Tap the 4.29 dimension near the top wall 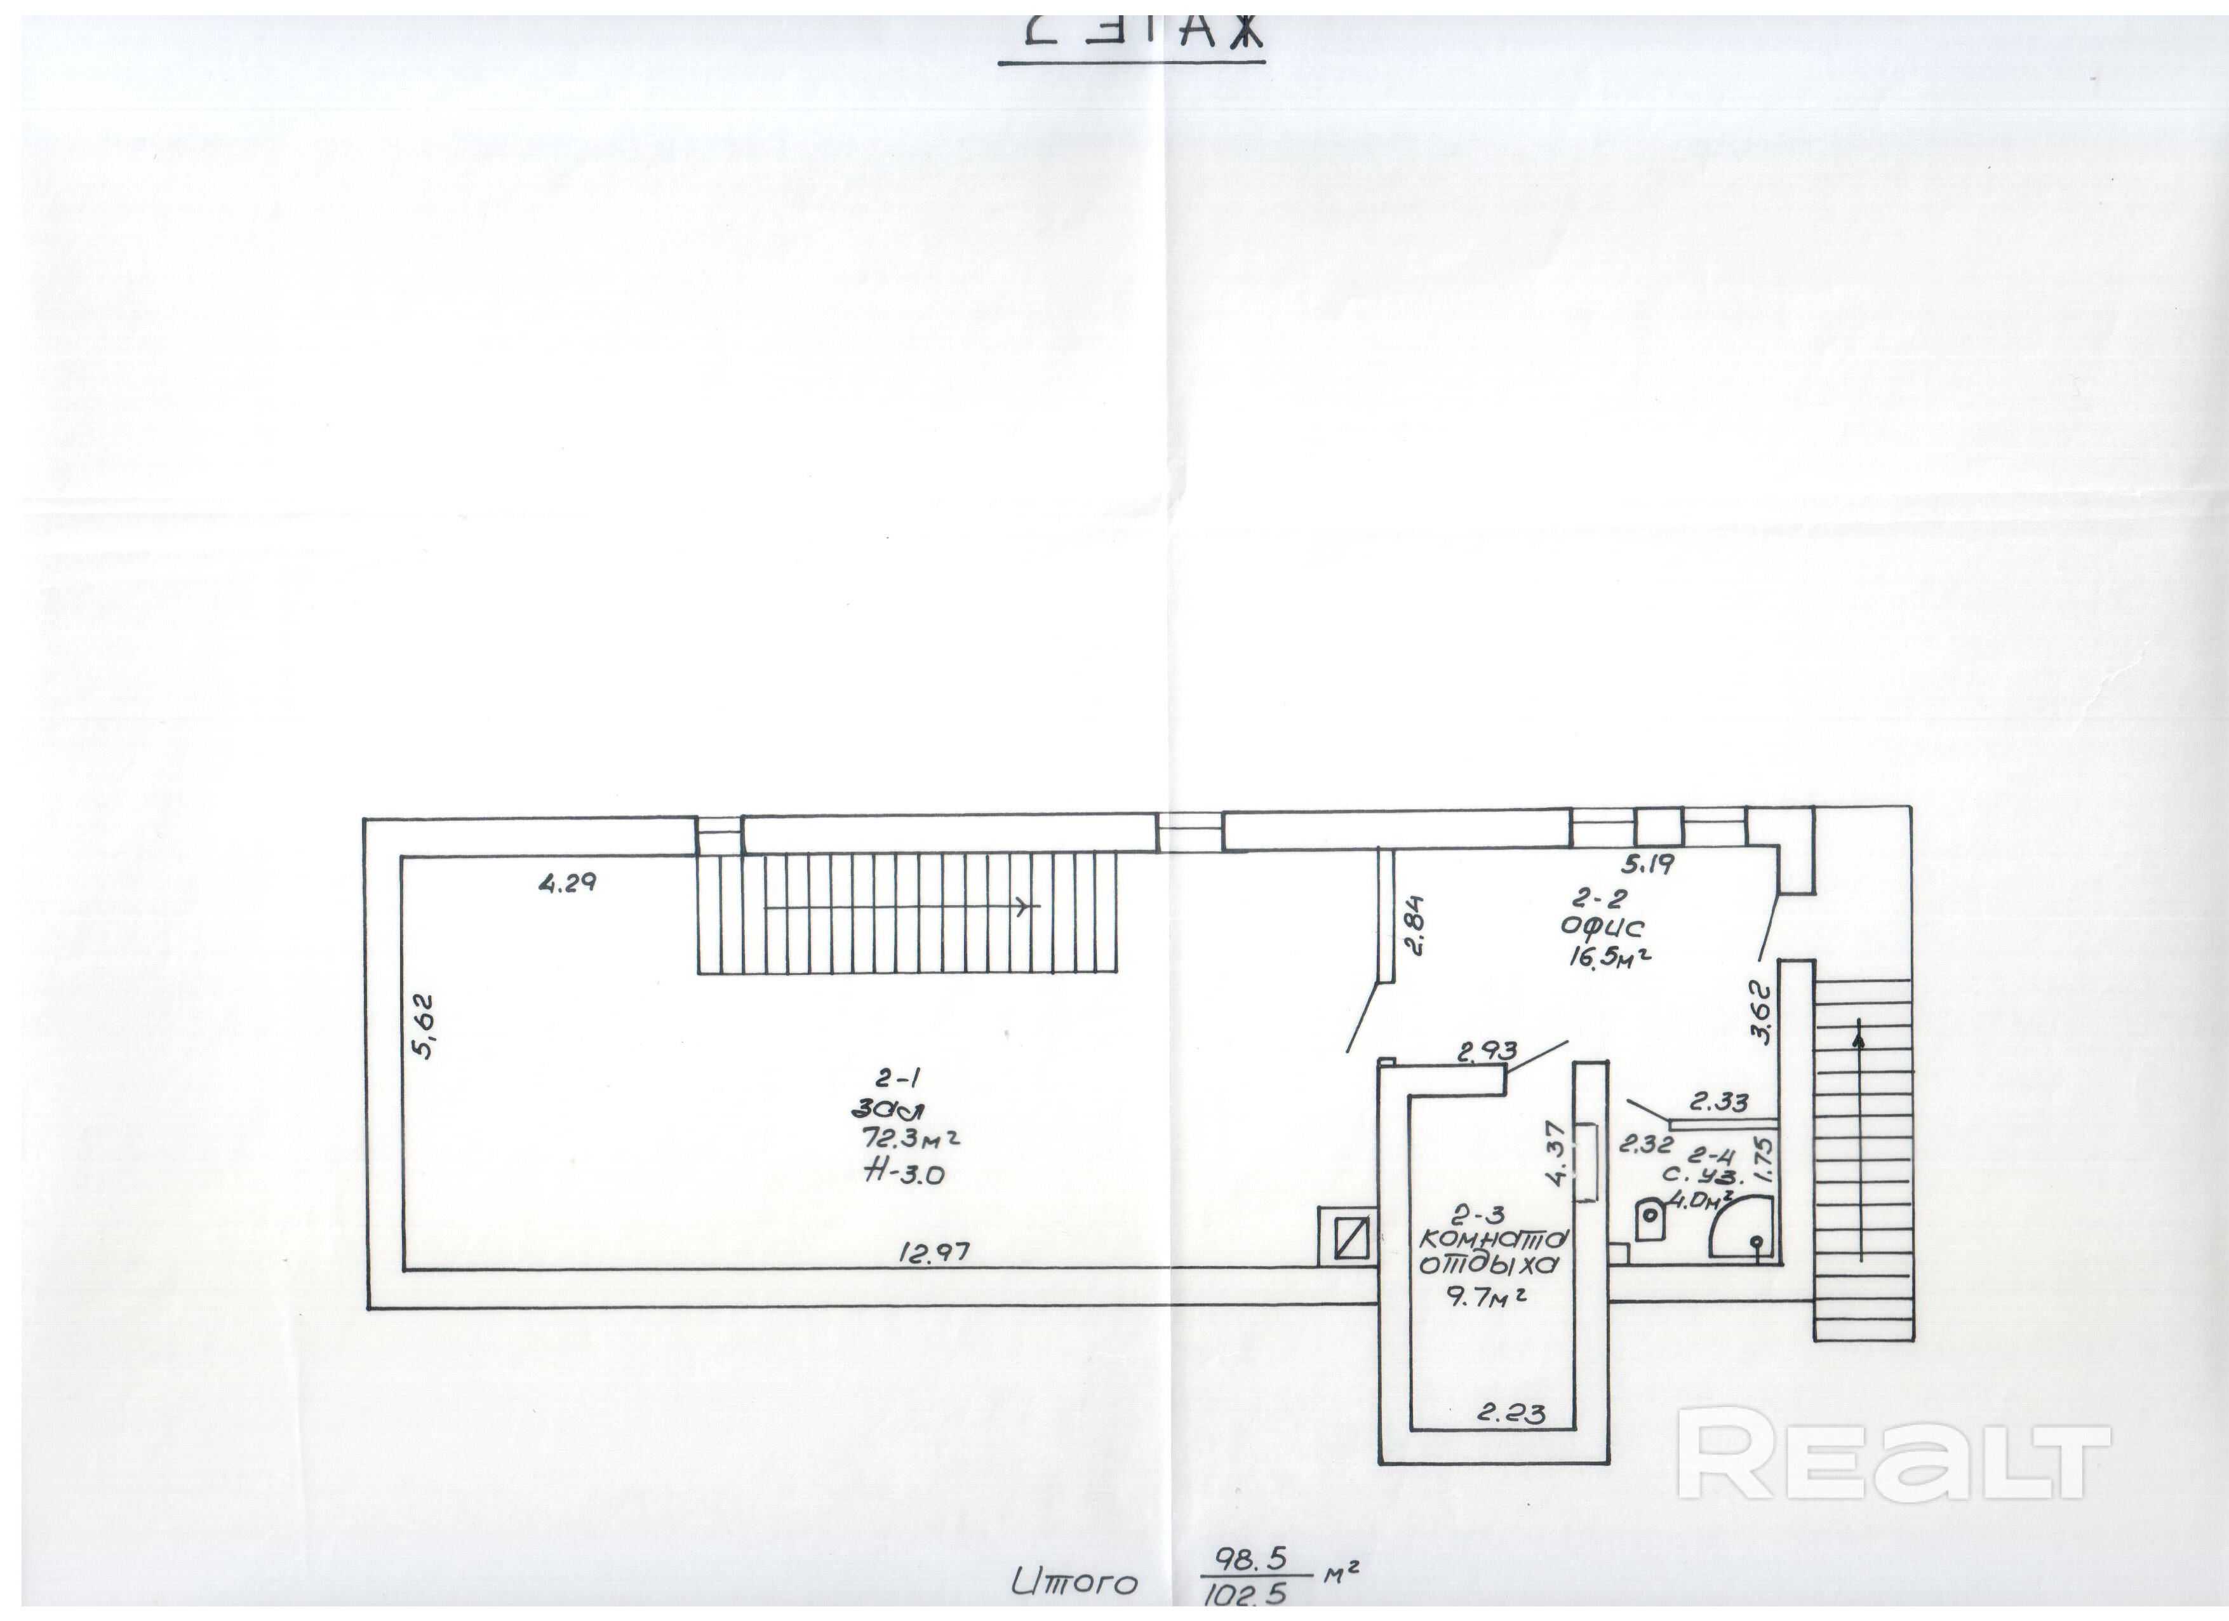pos(567,883)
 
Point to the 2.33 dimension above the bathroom pos(1719,1103)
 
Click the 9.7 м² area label pos(1485,1298)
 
